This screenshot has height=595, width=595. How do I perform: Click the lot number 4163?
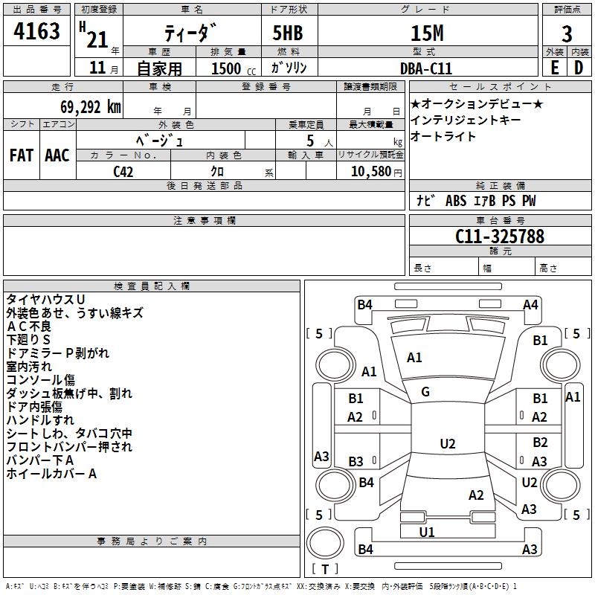[x=36, y=30]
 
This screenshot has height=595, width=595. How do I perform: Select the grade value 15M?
[x=427, y=33]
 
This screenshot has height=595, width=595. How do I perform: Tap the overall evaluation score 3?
[x=567, y=34]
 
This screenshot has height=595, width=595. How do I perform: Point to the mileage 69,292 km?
[x=91, y=107]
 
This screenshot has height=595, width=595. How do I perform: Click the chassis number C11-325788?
[x=499, y=237]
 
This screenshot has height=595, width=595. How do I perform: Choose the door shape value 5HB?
[x=288, y=33]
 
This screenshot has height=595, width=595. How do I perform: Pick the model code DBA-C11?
[x=426, y=68]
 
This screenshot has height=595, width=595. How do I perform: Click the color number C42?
[x=123, y=172]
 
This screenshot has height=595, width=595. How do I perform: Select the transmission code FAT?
[x=22, y=155]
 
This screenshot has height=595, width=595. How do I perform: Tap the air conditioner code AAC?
[x=57, y=155]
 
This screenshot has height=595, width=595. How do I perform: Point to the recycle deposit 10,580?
[x=370, y=171]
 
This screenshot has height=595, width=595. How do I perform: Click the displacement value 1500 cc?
[x=234, y=68]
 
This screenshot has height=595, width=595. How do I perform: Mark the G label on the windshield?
[x=425, y=392]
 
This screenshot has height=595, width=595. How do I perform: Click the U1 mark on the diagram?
[x=427, y=532]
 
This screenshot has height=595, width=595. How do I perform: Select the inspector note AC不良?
[x=29, y=327]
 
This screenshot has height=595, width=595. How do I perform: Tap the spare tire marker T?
[x=325, y=569]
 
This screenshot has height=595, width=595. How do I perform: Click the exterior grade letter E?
[x=554, y=68]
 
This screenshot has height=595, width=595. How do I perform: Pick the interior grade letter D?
[x=579, y=68]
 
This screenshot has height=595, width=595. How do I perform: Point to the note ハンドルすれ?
[x=40, y=420]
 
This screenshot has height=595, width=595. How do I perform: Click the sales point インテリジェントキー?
[x=466, y=120]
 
